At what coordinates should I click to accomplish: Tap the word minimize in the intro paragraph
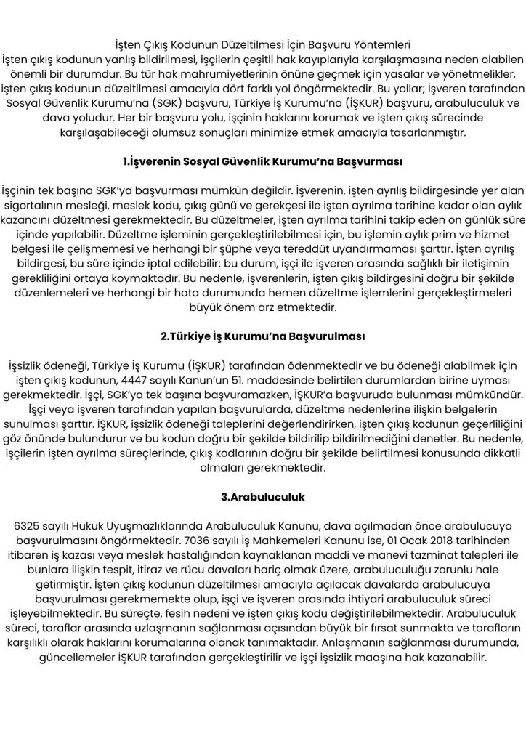coord(305,133)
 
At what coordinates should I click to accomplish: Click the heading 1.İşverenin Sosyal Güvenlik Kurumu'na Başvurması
coord(262,161)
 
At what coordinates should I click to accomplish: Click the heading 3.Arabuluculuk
coord(262,496)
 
